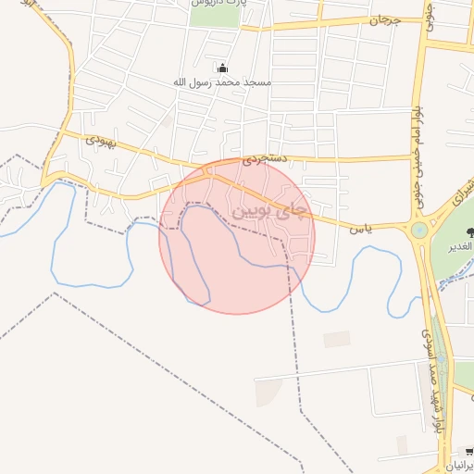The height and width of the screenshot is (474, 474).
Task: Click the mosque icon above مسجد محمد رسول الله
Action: pyautogui.click(x=222, y=68)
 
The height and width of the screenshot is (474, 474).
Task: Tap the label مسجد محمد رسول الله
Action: pyautogui.click(x=222, y=82)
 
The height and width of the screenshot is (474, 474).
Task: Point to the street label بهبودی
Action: pyautogui.click(x=97, y=142)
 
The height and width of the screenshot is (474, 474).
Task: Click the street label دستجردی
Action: pyautogui.click(x=266, y=159)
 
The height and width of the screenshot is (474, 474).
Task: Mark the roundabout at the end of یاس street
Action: pyautogui.click(x=419, y=230)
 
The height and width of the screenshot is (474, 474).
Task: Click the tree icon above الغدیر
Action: pyautogui.click(x=468, y=232)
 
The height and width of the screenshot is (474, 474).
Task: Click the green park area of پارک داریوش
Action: pyautogui.click(x=215, y=13)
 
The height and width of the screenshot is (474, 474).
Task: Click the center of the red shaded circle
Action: pyautogui.click(x=237, y=237)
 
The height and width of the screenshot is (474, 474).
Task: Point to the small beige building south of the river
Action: pyautogui.click(x=337, y=340)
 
